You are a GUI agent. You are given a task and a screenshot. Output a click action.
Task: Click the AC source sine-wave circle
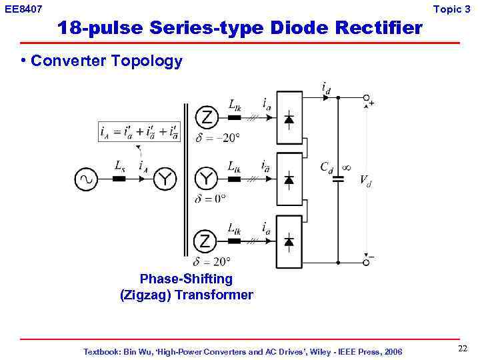pyautogui.click(x=86, y=179)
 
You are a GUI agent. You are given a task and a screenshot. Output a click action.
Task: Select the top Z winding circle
pyautogui.click(x=206, y=118)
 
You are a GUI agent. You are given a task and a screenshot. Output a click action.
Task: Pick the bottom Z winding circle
pyautogui.click(x=206, y=241)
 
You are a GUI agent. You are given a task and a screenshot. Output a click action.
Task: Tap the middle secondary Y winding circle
pyautogui.click(x=206, y=179)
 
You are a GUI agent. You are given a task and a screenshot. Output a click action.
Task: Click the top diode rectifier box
pyautogui.click(x=289, y=118)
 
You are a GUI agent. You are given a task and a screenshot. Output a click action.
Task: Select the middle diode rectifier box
pyautogui.click(x=289, y=179)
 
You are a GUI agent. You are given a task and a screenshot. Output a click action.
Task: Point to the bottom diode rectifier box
pyautogui.click(x=289, y=241)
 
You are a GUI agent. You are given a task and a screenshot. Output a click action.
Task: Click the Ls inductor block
pyautogui.click(x=119, y=179)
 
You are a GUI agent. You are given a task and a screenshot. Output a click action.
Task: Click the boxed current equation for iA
pyautogui.click(x=139, y=131)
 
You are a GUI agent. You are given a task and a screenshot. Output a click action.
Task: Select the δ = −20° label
pyautogui.click(x=217, y=138)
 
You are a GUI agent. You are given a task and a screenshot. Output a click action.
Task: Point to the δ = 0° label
pyautogui.click(x=210, y=199)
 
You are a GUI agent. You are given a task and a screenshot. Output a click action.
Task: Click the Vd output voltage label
pyautogui.click(x=365, y=180)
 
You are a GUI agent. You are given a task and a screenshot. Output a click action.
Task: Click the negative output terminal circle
pyautogui.click(x=366, y=262)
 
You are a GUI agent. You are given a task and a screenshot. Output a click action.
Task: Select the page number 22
pyautogui.click(x=463, y=349)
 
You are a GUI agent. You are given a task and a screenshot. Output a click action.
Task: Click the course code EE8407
pyautogui.click(x=23, y=9)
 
